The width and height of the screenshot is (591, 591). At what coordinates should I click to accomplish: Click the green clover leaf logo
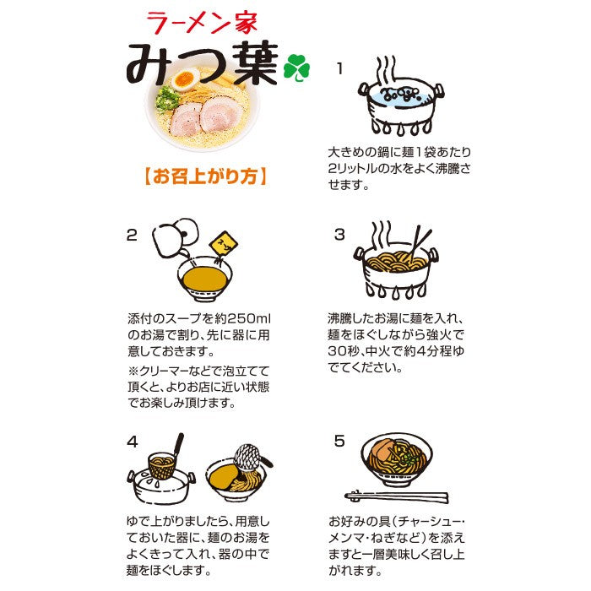pyautogui.click(x=296, y=68)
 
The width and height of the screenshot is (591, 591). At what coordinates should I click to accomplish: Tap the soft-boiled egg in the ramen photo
pyautogui.click(x=185, y=79)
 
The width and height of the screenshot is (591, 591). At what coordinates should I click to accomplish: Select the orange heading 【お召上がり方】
pyautogui.click(x=206, y=176)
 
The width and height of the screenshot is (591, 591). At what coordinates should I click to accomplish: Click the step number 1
pyautogui.click(x=340, y=69)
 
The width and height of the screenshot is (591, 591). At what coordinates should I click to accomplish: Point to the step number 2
pyautogui.click(x=132, y=236)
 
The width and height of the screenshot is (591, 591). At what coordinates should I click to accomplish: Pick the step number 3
pyautogui.click(x=339, y=235)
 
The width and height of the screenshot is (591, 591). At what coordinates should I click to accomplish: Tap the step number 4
pyautogui.click(x=133, y=442)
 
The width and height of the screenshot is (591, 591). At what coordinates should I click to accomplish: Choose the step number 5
pyautogui.click(x=339, y=441)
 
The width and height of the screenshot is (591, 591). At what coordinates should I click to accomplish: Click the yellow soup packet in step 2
pyautogui.click(x=223, y=243)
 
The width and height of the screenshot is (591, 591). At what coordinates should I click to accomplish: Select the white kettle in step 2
pyautogui.click(x=174, y=237)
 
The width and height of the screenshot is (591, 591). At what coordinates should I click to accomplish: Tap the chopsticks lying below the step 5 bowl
pyautogui.click(x=397, y=496)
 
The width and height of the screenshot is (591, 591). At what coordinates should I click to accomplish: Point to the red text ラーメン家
pyautogui.click(x=202, y=23)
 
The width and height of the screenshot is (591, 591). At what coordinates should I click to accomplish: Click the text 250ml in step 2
pyautogui.click(x=248, y=319)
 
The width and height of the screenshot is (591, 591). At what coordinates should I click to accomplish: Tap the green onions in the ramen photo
pyautogui.click(x=167, y=99)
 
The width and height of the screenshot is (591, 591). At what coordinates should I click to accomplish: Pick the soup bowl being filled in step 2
pyautogui.click(x=204, y=279)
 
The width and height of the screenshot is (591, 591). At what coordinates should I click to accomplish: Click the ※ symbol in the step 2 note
pyautogui.click(x=133, y=371)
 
